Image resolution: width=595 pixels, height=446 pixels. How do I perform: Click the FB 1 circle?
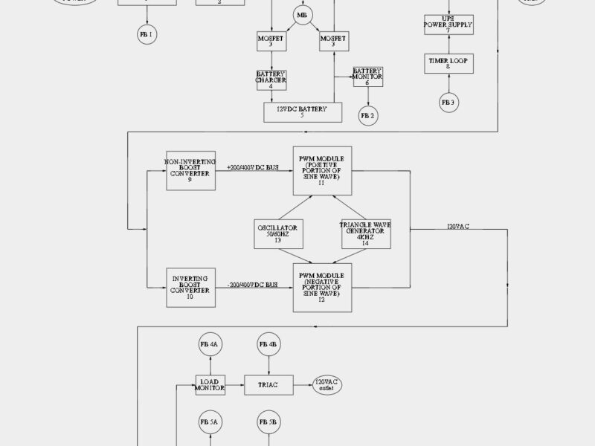click(147, 34)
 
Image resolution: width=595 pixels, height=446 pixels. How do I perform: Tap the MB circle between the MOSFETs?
click(302, 16)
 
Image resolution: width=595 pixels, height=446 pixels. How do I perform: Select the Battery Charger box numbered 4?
click(271, 80)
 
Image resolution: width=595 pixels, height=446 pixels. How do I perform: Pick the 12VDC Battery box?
click(303, 112)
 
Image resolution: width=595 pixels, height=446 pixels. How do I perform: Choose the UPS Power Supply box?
click(448, 25)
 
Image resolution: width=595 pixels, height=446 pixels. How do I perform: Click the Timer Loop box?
click(448, 63)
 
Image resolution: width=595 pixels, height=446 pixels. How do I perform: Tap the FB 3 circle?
click(448, 102)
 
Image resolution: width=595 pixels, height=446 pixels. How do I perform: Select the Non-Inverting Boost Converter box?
click(190, 169)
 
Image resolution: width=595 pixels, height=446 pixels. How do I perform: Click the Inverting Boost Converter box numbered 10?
click(190, 288)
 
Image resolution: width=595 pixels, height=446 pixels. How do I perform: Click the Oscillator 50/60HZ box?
click(277, 233)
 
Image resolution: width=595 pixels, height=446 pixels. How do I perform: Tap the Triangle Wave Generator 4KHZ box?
click(365, 233)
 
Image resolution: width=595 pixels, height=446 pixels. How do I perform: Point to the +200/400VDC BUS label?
click(253, 168)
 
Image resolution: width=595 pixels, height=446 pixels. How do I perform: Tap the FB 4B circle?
click(268, 345)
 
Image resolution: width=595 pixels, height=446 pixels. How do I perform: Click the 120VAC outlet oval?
click(327, 384)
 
